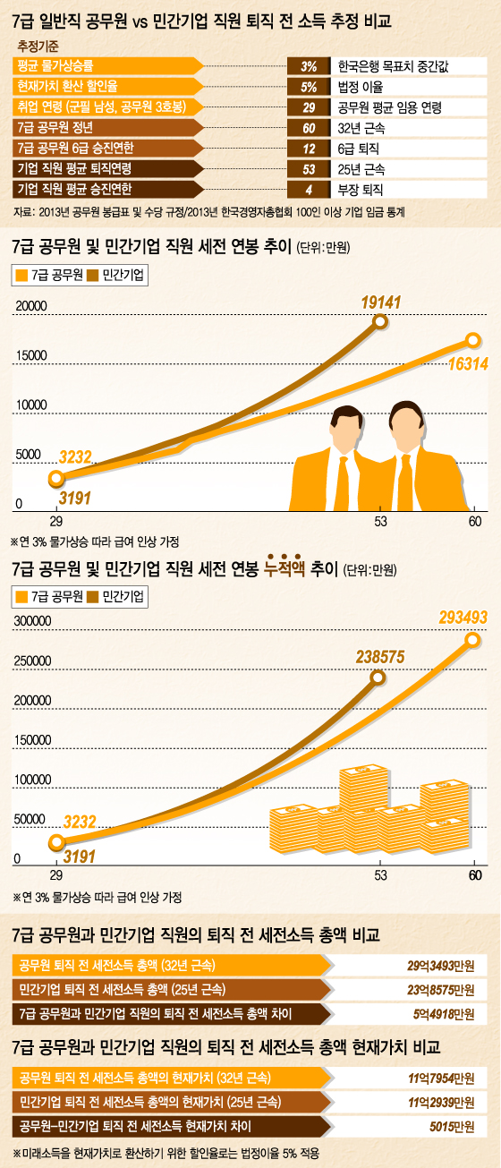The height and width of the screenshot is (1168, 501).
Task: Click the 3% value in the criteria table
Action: click(x=309, y=65)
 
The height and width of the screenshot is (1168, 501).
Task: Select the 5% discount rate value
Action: click(x=309, y=86)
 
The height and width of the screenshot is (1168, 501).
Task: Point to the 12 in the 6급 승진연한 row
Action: click(x=309, y=148)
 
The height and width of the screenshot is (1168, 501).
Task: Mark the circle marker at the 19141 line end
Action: click(x=380, y=321)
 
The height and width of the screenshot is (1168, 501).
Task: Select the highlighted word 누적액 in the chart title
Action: click(x=285, y=568)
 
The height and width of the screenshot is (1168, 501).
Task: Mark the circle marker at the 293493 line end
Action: click(x=471, y=639)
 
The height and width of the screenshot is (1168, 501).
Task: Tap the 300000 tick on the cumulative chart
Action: click(x=31, y=621)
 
